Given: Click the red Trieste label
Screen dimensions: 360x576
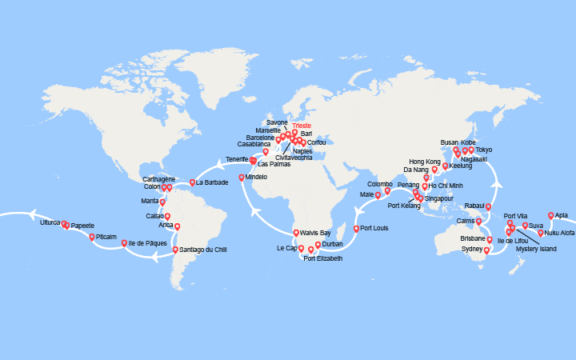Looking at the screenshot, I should tap(302, 126).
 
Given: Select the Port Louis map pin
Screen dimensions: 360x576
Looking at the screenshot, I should tap(356, 228).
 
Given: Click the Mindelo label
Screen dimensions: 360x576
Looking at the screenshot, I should tap(258, 177).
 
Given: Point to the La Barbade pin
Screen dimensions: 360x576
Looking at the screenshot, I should tap(191, 182).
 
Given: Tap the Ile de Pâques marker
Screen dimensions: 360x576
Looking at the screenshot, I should tap(124, 242).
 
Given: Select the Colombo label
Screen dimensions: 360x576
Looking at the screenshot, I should tap(380, 184).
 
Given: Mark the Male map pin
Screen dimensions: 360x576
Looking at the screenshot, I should tap(378, 194).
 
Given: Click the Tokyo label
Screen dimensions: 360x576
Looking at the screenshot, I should tap(484, 150).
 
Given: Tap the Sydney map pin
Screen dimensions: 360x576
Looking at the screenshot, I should tap(486, 250).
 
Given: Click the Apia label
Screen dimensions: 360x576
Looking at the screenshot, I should tap(562, 215).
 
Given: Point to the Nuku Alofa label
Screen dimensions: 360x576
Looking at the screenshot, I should tap(560, 233).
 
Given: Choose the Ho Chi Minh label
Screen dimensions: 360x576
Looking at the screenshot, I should tap(446, 186).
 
